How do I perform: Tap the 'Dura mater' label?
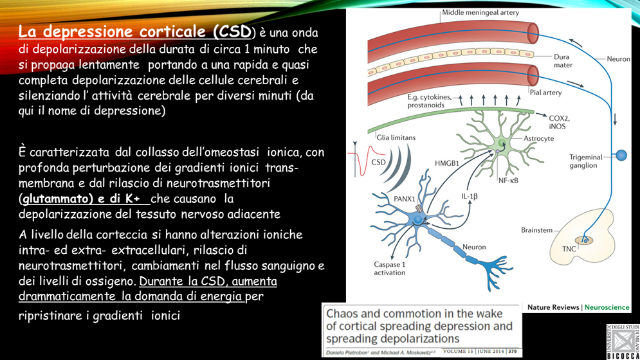pyautogui.click(x=562, y=61)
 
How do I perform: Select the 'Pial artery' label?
pyautogui.click(x=545, y=93)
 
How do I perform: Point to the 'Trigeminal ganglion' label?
pyautogui.click(x=586, y=161)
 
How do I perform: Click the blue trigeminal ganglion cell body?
pyautogui.click(x=621, y=155)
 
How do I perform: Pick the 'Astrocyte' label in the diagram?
pyautogui.click(x=538, y=138)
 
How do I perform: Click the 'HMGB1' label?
pyautogui.click(x=447, y=163)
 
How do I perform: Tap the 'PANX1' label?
pyautogui.click(x=404, y=199)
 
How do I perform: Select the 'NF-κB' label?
pyautogui.click(x=508, y=181)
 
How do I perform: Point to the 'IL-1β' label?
pyautogui.click(x=469, y=196)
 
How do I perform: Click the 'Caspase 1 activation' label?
pyautogui.click(x=390, y=268)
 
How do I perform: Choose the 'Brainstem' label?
pyautogui.click(x=536, y=230)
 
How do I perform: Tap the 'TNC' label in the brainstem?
pyautogui.click(x=569, y=249)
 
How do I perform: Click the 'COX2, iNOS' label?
pyautogui.click(x=559, y=122)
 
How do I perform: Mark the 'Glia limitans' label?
pyautogui.click(x=396, y=138)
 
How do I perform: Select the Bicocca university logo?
pyautogui.click(x=622, y=341)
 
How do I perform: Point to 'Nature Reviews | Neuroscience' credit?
pyautogui.click(x=578, y=307)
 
